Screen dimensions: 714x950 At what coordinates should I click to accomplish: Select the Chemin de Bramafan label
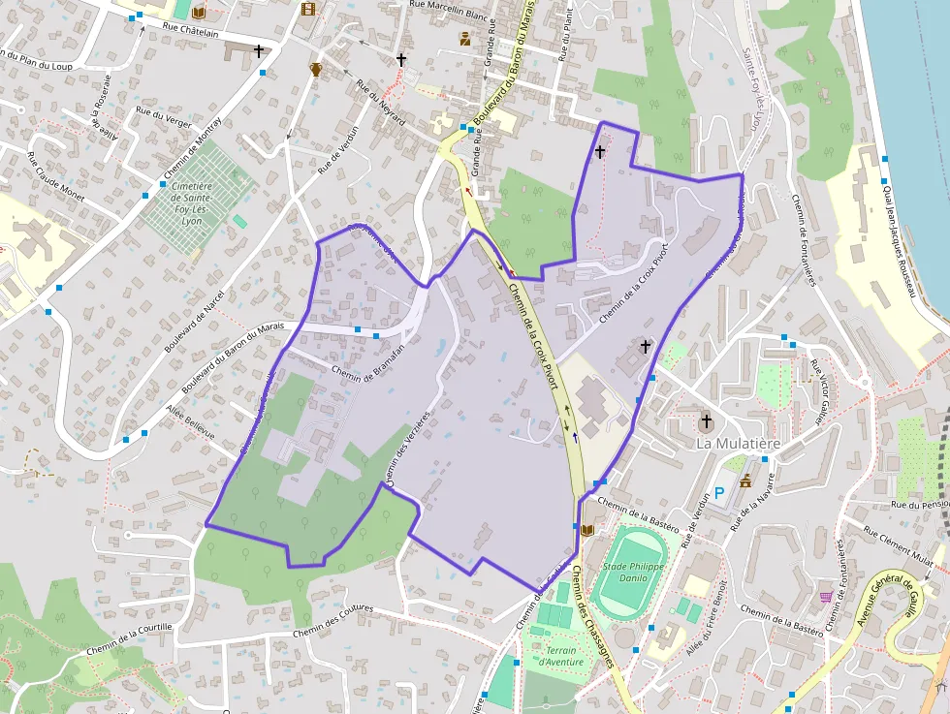(x=367, y=373)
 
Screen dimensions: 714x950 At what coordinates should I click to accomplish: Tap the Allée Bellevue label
(x=190, y=423)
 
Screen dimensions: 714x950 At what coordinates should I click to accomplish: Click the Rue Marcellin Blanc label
(x=448, y=6)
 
